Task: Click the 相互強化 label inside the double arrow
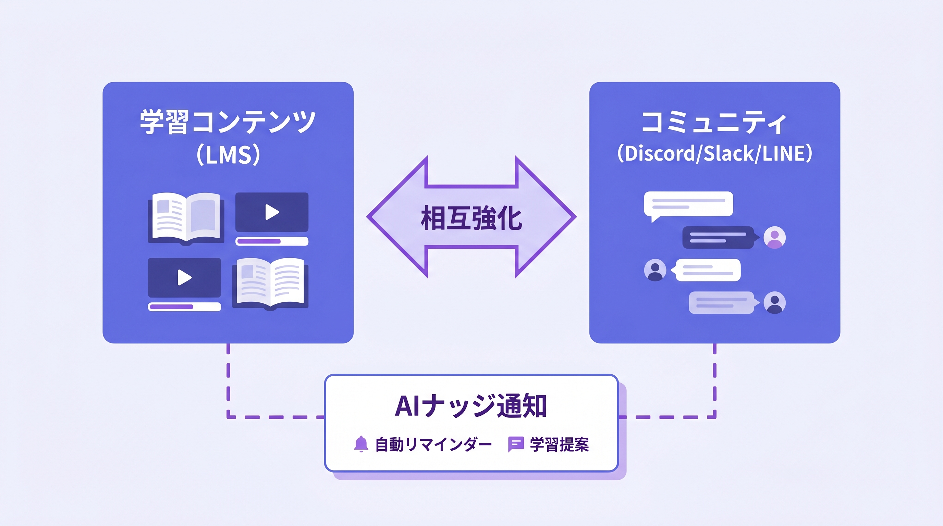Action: [472, 218]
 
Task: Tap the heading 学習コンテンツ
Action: [228, 122]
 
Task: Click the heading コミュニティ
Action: [714, 123]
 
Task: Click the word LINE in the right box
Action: [784, 153]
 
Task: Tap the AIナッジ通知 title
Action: [471, 406]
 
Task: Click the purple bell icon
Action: [361, 444]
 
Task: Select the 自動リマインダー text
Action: [433, 445]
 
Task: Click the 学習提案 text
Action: [559, 445]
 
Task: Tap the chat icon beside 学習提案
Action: [516, 444]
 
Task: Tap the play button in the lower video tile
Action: [184, 278]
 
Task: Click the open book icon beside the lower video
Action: [270, 283]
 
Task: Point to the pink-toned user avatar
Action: [775, 237]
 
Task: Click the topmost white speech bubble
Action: [688, 204]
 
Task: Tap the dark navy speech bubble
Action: [718, 237]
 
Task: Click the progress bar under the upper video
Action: [272, 241]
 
